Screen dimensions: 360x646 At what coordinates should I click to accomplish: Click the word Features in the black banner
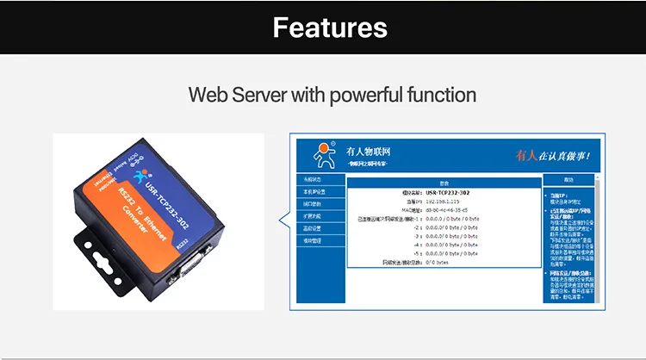[x=330, y=27]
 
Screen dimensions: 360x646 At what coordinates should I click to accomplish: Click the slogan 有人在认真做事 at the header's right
[x=552, y=155]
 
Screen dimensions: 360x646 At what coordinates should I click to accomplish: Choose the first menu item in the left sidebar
[x=312, y=179]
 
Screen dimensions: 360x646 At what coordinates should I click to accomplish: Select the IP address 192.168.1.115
[x=444, y=200]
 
